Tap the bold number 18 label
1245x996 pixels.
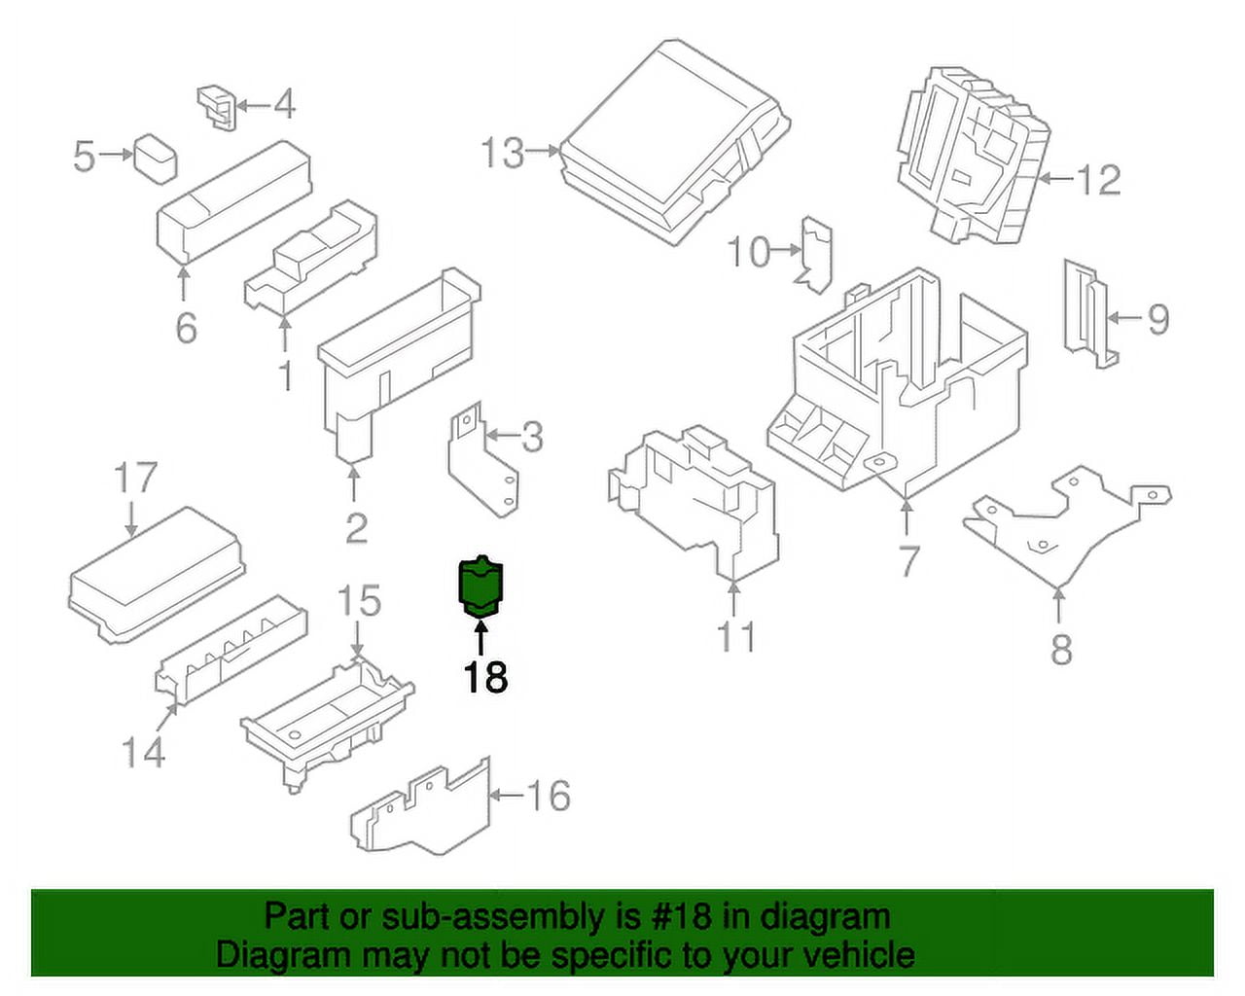484,678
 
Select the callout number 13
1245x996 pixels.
503,153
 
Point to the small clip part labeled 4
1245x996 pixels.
217,106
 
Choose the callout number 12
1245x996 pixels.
1097,180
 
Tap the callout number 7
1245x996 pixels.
908,561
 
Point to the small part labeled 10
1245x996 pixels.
815,254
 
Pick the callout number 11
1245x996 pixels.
735,637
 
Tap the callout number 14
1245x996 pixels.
143,752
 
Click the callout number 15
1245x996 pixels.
358,601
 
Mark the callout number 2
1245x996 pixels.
356,528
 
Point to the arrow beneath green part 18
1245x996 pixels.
480,638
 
